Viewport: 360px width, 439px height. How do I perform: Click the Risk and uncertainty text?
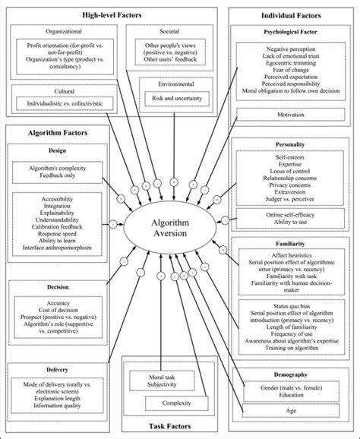(174, 99)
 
